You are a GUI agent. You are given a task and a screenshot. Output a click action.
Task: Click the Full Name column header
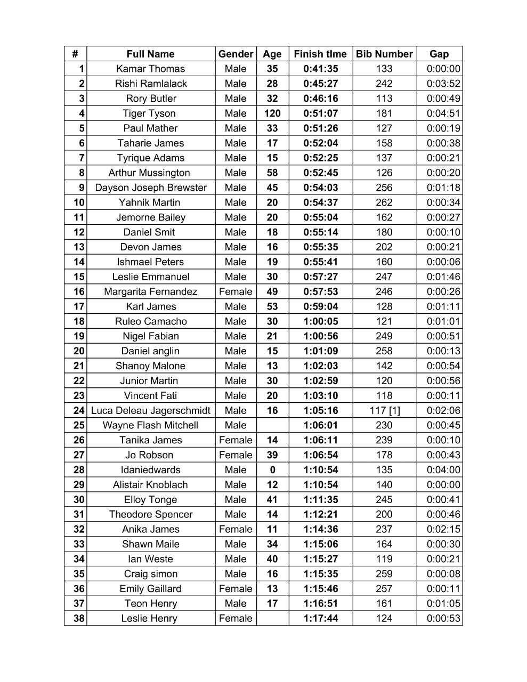click(x=150, y=54)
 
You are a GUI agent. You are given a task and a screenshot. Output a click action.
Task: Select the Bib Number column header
click(x=384, y=54)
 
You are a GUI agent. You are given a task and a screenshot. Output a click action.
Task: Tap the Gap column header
click(x=439, y=54)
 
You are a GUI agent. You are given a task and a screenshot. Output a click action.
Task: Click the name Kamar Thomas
click(x=150, y=69)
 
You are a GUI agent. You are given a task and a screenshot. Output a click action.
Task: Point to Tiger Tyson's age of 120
click(x=272, y=113)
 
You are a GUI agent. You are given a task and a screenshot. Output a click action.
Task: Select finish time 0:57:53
click(x=320, y=291)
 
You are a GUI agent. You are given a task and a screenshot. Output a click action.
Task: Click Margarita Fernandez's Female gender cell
click(x=236, y=291)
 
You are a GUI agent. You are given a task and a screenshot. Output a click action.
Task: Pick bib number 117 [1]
click(x=384, y=410)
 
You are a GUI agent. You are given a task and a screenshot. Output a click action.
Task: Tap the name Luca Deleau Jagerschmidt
click(x=150, y=410)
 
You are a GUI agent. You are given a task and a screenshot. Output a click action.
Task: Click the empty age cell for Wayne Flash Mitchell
click(x=272, y=425)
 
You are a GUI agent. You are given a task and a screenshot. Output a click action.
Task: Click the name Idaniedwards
click(x=150, y=470)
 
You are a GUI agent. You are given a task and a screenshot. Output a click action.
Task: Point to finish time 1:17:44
click(x=320, y=619)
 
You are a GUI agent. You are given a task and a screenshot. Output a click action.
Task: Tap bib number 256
click(x=384, y=188)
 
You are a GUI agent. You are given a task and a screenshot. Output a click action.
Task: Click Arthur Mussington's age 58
click(x=272, y=173)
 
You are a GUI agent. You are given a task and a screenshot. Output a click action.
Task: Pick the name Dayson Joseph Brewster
click(x=150, y=188)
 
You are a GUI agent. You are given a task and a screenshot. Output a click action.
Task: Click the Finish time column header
click(x=320, y=54)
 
